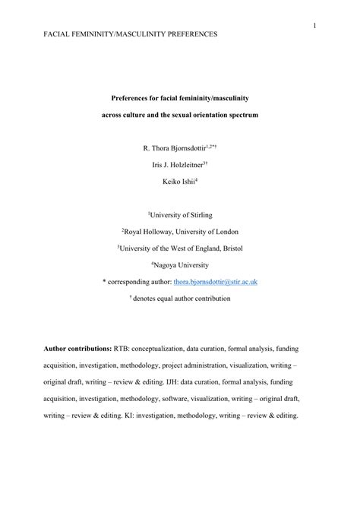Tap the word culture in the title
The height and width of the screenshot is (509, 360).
click(151, 115)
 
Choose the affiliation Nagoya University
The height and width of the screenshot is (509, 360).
click(181, 265)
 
